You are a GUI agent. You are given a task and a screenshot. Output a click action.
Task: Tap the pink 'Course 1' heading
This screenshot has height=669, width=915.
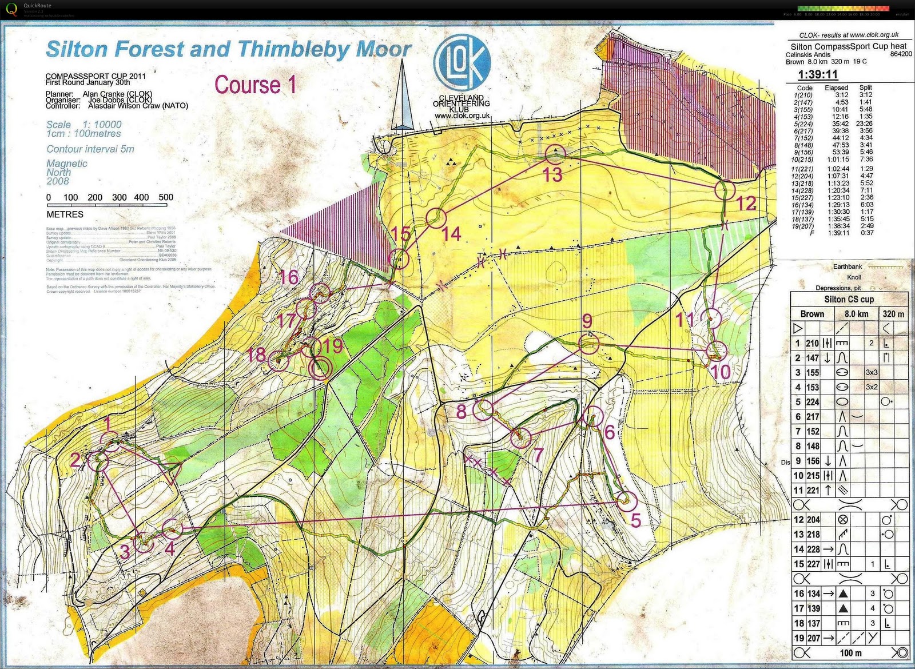[x=255, y=85]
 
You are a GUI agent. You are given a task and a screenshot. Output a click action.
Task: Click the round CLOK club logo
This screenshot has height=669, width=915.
[x=462, y=62]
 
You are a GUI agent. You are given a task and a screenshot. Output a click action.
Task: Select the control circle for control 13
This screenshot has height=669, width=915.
[x=554, y=153]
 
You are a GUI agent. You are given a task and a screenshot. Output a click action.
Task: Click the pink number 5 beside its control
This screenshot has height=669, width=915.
[x=635, y=520]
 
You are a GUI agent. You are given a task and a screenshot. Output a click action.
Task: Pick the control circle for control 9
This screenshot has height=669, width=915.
[x=588, y=344]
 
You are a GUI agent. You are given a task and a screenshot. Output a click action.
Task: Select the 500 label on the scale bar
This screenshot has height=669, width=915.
[x=166, y=197]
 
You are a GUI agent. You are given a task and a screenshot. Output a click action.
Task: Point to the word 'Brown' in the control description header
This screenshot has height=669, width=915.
[x=812, y=314]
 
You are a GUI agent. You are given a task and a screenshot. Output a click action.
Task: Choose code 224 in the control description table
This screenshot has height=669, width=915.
[x=813, y=402]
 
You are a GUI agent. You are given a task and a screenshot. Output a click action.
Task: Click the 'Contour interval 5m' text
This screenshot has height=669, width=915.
[x=90, y=149]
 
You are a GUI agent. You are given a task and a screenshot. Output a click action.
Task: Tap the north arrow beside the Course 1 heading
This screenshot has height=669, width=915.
[x=402, y=97]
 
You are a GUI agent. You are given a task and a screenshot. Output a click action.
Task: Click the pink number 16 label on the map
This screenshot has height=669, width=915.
[x=289, y=277]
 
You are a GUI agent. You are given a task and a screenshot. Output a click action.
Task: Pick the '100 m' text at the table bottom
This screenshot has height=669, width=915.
[x=851, y=653]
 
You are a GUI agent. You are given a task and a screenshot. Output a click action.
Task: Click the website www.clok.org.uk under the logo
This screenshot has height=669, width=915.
[x=462, y=116]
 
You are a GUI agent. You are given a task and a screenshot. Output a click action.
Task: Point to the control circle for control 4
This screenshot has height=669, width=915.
[x=172, y=529]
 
